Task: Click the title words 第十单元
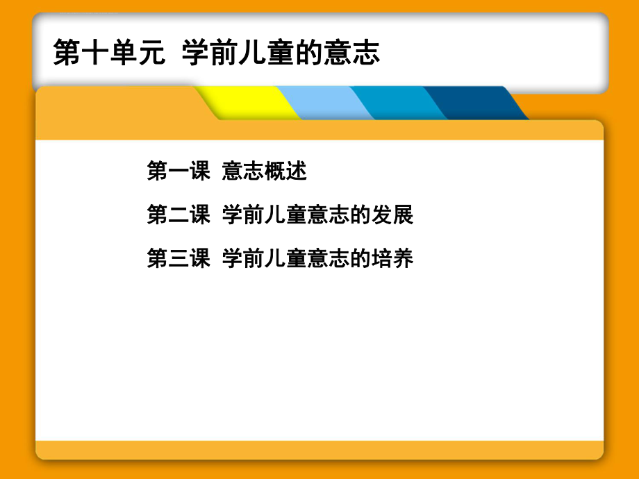click(x=109, y=53)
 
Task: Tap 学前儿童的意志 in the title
click(x=281, y=53)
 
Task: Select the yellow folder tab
click(x=247, y=103)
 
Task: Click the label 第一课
click(x=179, y=171)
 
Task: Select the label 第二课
click(x=179, y=215)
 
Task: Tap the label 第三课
click(x=179, y=259)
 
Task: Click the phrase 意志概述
click(x=264, y=171)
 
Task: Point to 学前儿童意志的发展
click(x=317, y=215)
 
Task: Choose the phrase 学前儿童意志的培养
click(x=317, y=259)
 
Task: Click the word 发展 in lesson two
click(x=392, y=215)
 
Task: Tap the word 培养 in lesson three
click(x=392, y=259)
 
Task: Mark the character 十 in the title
click(x=94, y=53)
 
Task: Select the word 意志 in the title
click(x=351, y=53)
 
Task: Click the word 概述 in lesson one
click(x=285, y=171)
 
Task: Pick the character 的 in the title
click(x=309, y=53)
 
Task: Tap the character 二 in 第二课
click(x=179, y=215)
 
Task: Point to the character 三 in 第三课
click(x=179, y=259)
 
